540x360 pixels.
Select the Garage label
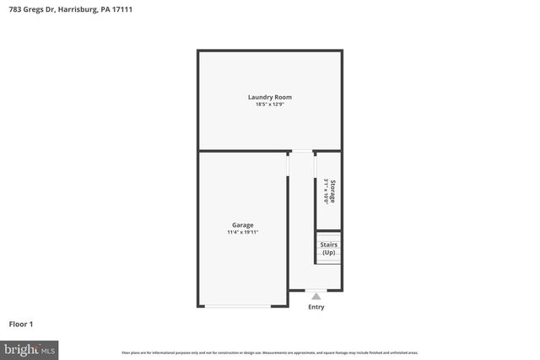click(x=243, y=224)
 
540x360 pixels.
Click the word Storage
click(x=332, y=191)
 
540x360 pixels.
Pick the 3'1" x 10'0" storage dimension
click(x=325, y=191)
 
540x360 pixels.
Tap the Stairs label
click(x=328, y=245)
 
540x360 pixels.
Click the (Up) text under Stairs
click(x=328, y=253)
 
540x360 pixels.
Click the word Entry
click(x=316, y=307)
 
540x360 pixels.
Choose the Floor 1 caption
click(x=20, y=324)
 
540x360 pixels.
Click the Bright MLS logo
click(x=30, y=348)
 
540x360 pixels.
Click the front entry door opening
click(x=316, y=290)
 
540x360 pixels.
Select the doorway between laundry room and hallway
click(x=301, y=152)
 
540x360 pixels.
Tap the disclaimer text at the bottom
click(x=270, y=352)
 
